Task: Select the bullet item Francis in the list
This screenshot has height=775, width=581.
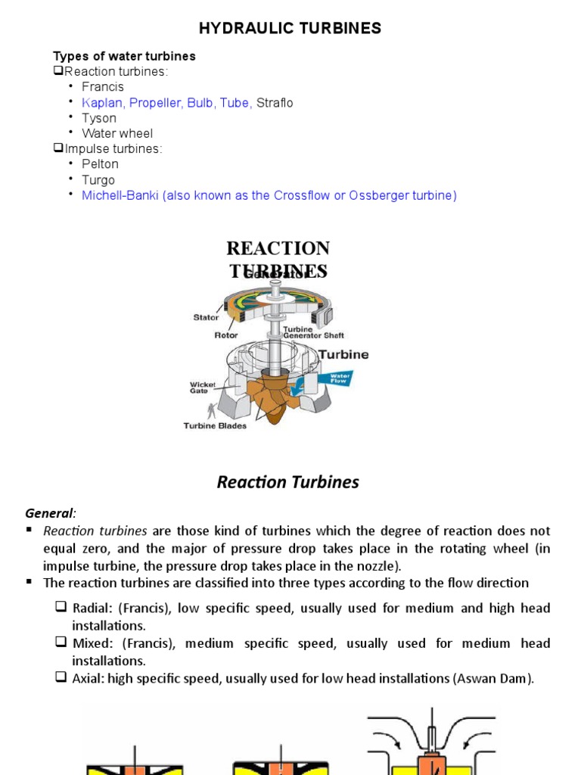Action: (103, 87)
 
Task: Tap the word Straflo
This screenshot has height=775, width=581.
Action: (275, 103)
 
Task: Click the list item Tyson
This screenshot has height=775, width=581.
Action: (99, 118)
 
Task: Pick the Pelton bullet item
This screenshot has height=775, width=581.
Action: (101, 164)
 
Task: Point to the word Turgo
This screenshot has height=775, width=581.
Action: (98, 180)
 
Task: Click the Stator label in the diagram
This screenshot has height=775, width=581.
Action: (206, 318)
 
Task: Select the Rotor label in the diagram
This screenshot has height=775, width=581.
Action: (226, 335)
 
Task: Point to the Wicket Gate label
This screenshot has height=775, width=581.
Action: (202, 388)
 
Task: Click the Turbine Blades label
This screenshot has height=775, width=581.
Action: (215, 425)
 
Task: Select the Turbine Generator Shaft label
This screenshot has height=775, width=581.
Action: (312, 333)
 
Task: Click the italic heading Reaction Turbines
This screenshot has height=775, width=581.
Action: (288, 482)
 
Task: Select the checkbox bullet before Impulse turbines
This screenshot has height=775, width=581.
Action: (58, 149)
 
